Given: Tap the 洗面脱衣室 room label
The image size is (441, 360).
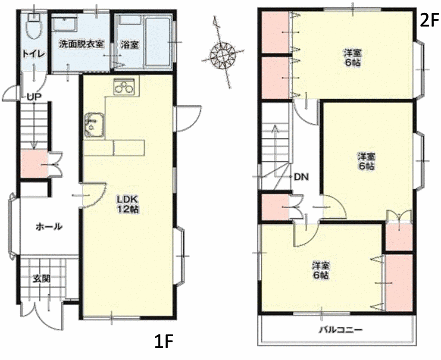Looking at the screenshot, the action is [81, 44].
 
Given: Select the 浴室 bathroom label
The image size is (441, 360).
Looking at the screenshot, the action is [130, 44].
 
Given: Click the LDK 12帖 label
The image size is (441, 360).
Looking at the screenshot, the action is [128, 204].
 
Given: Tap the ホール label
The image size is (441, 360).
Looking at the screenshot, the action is [49, 226].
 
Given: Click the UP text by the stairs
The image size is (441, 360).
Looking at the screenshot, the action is [34, 97].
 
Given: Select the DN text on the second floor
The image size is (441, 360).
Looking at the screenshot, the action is [302, 177].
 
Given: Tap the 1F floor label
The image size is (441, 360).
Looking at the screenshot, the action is [163, 341].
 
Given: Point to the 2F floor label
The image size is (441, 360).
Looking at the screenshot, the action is [429, 20].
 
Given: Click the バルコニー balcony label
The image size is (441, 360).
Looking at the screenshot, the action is [341, 330].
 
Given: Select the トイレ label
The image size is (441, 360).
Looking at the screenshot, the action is [34, 54].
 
